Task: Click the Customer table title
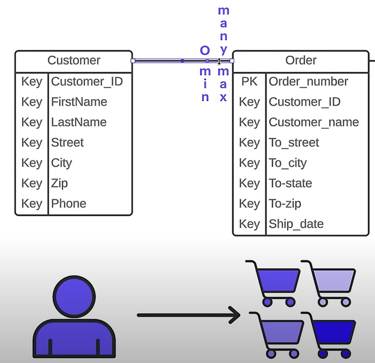[74, 61]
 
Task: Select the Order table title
[301, 61]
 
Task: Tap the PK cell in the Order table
[249, 82]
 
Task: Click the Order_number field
[308, 82]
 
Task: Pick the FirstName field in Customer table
[79, 102]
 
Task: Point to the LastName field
[79, 122]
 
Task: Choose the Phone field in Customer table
[69, 204]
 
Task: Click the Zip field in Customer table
[59, 184]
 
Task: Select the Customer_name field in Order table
[314, 122]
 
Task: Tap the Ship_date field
[296, 224]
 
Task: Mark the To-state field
[290, 183]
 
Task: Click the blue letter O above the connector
[205, 51]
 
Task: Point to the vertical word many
[224, 30]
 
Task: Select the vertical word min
[205, 84]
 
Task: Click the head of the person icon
[74, 297]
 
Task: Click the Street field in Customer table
[67, 143]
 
